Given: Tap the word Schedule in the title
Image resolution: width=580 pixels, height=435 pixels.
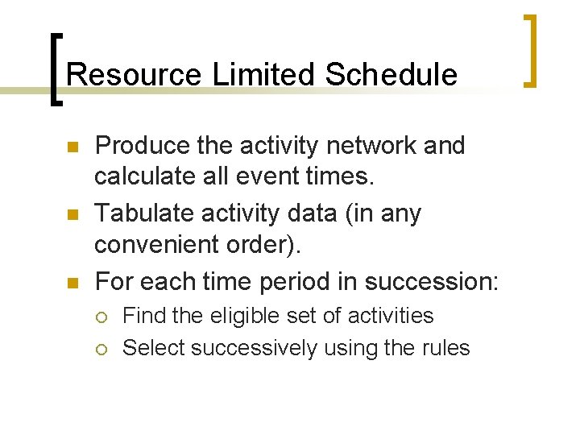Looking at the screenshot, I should [x=391, y=75].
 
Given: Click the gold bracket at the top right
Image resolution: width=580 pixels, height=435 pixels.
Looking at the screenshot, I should [x=531, y=50].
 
